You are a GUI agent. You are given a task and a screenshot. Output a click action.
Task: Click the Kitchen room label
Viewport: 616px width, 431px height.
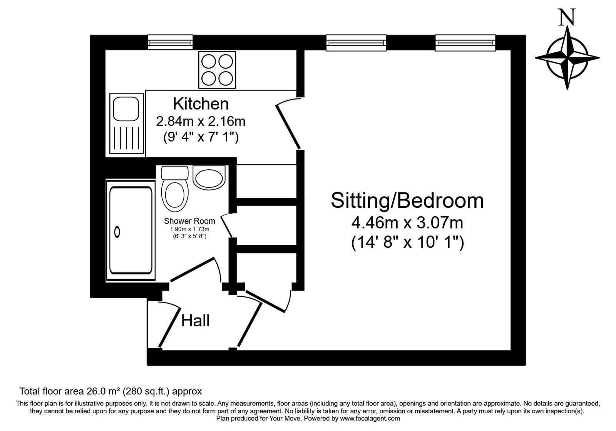click(x=201, y=104)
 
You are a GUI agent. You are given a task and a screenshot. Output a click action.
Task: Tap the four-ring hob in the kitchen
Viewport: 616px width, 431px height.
click(x=217, y=70)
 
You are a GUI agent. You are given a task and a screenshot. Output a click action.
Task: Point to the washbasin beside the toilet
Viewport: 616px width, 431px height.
click(x=208, y=178)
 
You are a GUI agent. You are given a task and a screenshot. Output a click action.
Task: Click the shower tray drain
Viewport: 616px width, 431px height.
click(x=117, y=232)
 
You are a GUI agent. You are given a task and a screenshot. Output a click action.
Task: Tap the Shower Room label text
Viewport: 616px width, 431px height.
click(x=189, y=221)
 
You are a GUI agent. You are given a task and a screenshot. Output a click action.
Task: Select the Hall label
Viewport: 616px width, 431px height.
click(x=195, y=321)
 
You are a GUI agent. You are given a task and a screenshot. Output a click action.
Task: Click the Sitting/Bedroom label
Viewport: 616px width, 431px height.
click(x=407, y=200)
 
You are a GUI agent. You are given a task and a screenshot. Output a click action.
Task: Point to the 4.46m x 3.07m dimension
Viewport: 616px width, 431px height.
click(x=407, y=223)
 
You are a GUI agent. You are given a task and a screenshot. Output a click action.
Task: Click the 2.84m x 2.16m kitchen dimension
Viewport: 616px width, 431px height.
click(x=201, y=121)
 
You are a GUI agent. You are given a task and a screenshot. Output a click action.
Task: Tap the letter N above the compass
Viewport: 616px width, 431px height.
click(x=567, y=17)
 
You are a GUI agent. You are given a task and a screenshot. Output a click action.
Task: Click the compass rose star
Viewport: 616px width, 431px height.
click(x=567, y=58)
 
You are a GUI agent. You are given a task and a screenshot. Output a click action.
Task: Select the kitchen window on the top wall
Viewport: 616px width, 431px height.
click(x=170, y=42)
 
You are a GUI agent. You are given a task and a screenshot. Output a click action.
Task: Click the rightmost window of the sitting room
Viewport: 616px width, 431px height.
click(x=465, y=42)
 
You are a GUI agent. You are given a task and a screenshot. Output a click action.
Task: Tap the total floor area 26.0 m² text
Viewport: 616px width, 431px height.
click(x=110, y=392)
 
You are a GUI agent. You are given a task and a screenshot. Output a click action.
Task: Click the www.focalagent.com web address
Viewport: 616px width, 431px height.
click(x=370, y=418)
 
